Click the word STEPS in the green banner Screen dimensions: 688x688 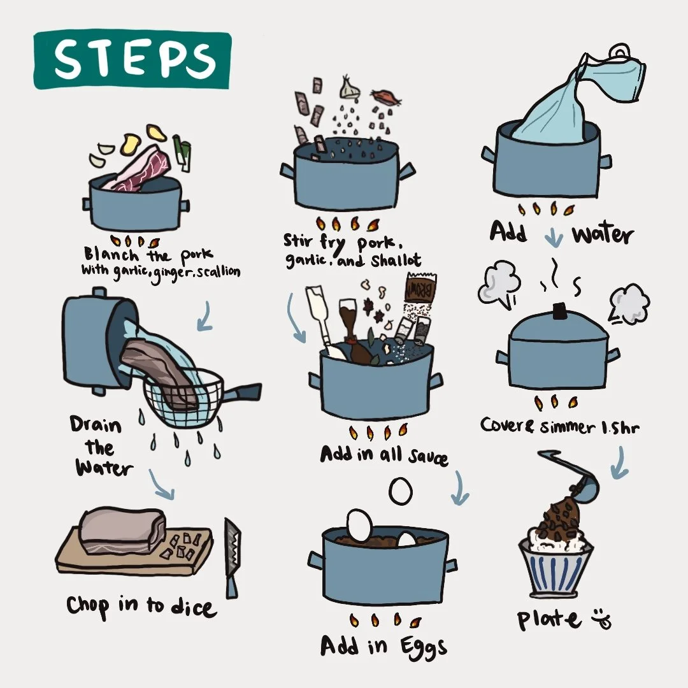coord(134,59)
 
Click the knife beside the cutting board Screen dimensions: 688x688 coord(233,558)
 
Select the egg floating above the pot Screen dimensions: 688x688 coord(401,491)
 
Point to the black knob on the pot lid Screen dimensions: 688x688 coord(560,311)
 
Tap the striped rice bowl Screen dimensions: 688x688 coord(555,570)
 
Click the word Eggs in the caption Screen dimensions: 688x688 coord(423,648)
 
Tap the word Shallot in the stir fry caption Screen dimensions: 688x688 coord(396,260)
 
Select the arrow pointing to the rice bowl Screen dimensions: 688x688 coord(620,462)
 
